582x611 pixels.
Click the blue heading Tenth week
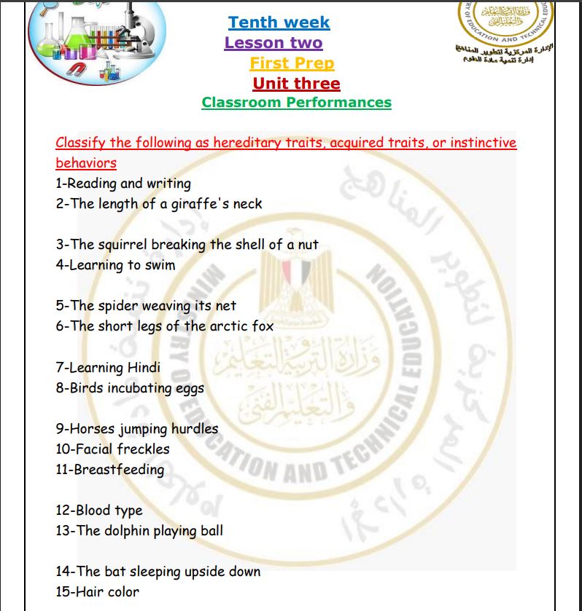click(279, 23)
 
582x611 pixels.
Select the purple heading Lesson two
click(273, 43)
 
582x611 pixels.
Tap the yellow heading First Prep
click(292, 63)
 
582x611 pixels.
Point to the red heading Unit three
click(296, 83)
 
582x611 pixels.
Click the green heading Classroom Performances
click(296, 103)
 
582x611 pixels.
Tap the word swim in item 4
click(160, 265)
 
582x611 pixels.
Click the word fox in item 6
click(263, 326)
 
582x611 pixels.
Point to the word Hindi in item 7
click(144, 367)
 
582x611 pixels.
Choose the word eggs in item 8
click(189, 388)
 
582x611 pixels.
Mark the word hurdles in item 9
click(194, 428)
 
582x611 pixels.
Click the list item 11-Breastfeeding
click(110, 469)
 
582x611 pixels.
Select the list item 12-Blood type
click(99, 510)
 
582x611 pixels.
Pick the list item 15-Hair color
click(97, 591)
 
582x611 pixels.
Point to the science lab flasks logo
click(96, 40)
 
